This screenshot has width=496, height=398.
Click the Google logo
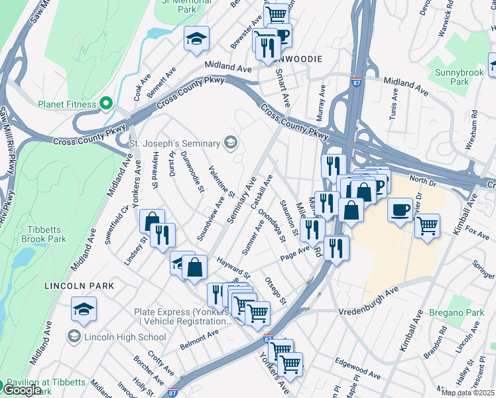22,390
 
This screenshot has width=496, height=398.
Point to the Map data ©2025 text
468,393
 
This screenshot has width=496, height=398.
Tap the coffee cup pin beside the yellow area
400,210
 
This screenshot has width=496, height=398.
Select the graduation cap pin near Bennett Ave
196,39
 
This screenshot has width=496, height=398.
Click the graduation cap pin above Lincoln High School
84,309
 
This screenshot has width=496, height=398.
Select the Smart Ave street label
282,88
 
